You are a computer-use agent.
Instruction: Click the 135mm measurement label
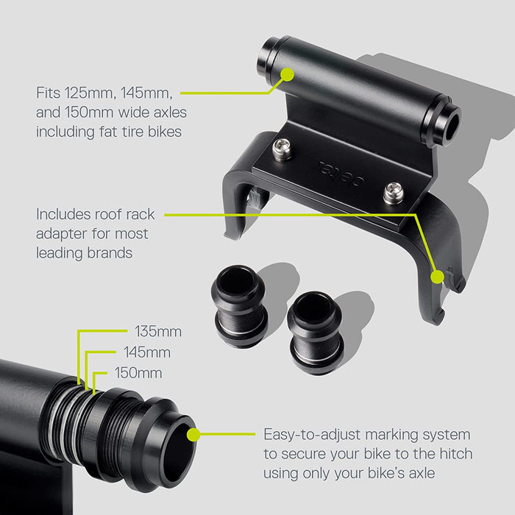tap(158, 331)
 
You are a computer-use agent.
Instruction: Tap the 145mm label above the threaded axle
tap(147, 352)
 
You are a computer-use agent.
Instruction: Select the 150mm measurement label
tap(138, 373)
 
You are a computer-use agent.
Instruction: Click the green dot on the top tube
tap(288, 74)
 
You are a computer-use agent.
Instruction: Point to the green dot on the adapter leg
tap(437, 277)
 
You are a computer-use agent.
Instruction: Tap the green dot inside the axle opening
tap(193, 435)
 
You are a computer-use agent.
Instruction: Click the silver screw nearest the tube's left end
tap(282, 149)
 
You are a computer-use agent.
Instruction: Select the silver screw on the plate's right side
tap(393, 193)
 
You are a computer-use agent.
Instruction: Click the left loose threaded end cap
tap(239, 306)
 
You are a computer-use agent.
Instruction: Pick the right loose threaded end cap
tap(316, 333)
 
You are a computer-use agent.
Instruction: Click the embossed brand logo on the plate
tap(341, 174)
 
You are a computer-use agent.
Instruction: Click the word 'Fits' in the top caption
tap(48, 93)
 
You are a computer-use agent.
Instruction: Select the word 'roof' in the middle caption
tap(108, 215)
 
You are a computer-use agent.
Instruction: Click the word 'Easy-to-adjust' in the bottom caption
tap(312, 435)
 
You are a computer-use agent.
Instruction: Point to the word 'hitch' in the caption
tap(456, 454)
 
